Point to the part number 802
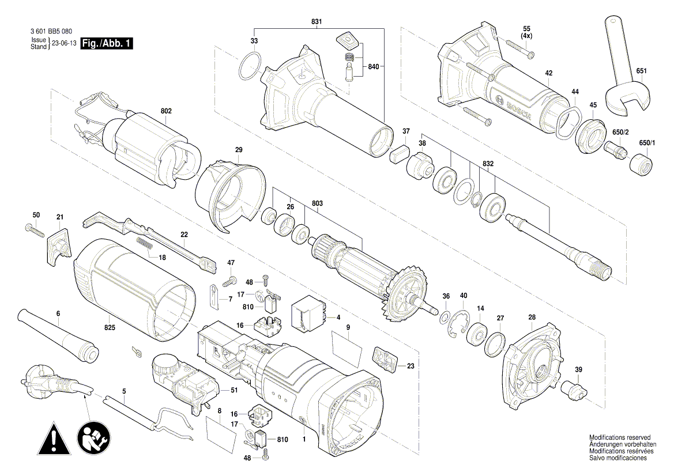(x=166, y=111)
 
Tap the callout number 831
(x=317, y=21)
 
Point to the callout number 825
(x=110, y=327)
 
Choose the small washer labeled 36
(x=445, y=317)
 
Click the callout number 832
(x=488, y=164)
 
